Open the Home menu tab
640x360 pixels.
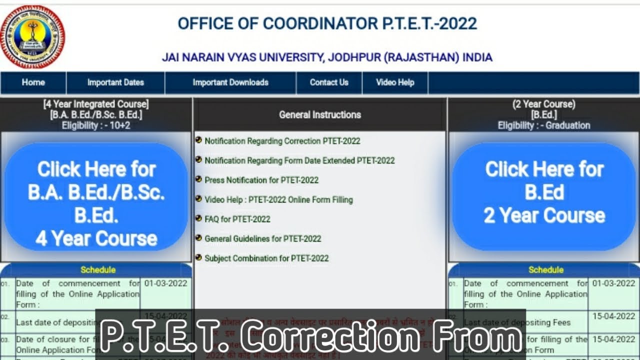click(33, 82)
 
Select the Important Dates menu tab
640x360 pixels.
click(115, 82)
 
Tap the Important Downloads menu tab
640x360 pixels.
click(230, 82)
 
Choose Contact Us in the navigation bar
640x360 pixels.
click(329, 82)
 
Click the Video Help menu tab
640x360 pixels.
click(395, 82)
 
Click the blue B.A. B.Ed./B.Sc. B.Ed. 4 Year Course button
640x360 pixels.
click(96, 204)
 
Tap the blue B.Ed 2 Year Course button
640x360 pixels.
click(544, 192)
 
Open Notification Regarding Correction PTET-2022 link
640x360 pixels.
click(282, 141)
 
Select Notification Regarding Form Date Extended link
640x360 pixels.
click(299, 160)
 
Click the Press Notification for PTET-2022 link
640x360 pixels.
click(261, 180)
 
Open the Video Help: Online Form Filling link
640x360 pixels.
click(278, 199)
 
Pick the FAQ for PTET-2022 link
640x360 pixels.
click(237, 219)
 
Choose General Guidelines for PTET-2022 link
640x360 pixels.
click(262, 238)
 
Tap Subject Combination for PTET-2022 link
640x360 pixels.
click(266, 258)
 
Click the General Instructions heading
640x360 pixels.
click(320, 114)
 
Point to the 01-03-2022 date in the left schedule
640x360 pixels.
click(165, 283)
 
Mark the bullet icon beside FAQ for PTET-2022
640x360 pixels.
click(198, 218)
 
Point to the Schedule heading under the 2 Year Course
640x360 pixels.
click(545, 270)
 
